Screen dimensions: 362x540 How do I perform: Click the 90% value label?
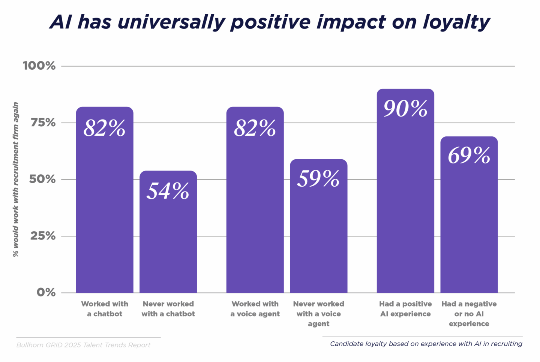(x=405, y=109)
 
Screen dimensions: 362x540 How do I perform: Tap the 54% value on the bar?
(x=168, y=191)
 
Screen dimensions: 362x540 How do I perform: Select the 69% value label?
(x=469, y=156)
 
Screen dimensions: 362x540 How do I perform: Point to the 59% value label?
(x=318, y=179)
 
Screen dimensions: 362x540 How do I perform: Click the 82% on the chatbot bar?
(x=104, y=129)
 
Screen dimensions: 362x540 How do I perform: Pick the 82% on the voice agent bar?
(x=255, y=129)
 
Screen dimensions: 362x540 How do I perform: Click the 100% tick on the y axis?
(x=39, y=66)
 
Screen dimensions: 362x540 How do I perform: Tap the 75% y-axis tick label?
(x=43, y=123)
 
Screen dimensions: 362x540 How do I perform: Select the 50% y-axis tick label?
(x=42, y=179)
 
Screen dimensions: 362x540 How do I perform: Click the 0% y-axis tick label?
(x=46, y=293)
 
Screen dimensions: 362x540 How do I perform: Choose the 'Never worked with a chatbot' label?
(x=168, y=309)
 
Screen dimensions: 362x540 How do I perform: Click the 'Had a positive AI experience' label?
(x=405, y=309)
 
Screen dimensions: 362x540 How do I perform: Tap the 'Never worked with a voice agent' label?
(x=318, y=314)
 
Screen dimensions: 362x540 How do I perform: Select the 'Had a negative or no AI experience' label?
(x=469, y=314)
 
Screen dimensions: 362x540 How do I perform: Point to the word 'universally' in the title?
(x=171, y=22)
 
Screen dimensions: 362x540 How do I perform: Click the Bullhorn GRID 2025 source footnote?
(x=83, y=345)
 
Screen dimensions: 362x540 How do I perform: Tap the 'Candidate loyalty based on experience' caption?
(x=426, y=344)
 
